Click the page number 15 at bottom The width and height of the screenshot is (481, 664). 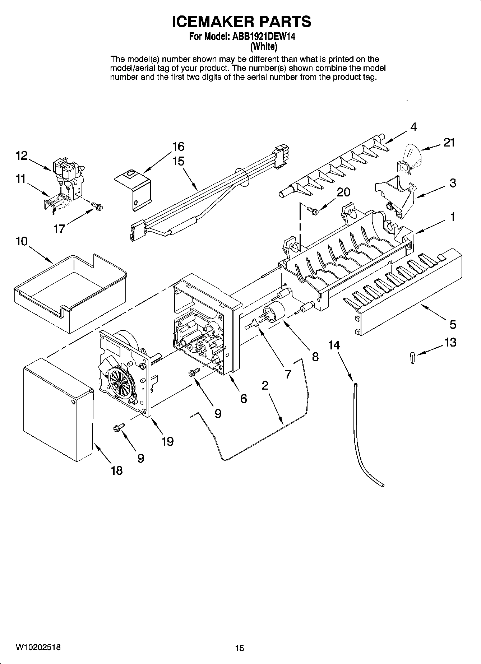(x=240, y=648)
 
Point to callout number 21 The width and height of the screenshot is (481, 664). (x=449, y=143)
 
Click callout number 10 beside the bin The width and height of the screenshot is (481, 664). (x=22, y=241)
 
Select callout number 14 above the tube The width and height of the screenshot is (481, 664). (x=334, y=345)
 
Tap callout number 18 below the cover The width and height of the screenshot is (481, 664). (x=117, y=470)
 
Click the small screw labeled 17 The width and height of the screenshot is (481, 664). (x=97, y=206)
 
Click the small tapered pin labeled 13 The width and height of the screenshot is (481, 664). (x=413, y=358)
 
